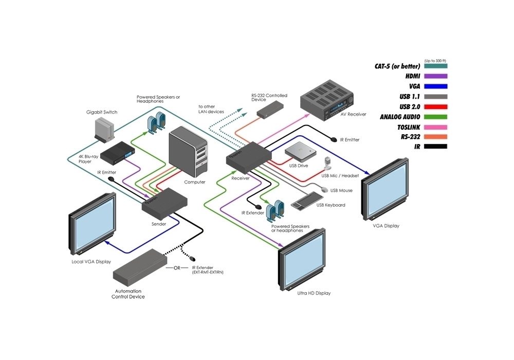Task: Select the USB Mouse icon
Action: coord(324,189)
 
